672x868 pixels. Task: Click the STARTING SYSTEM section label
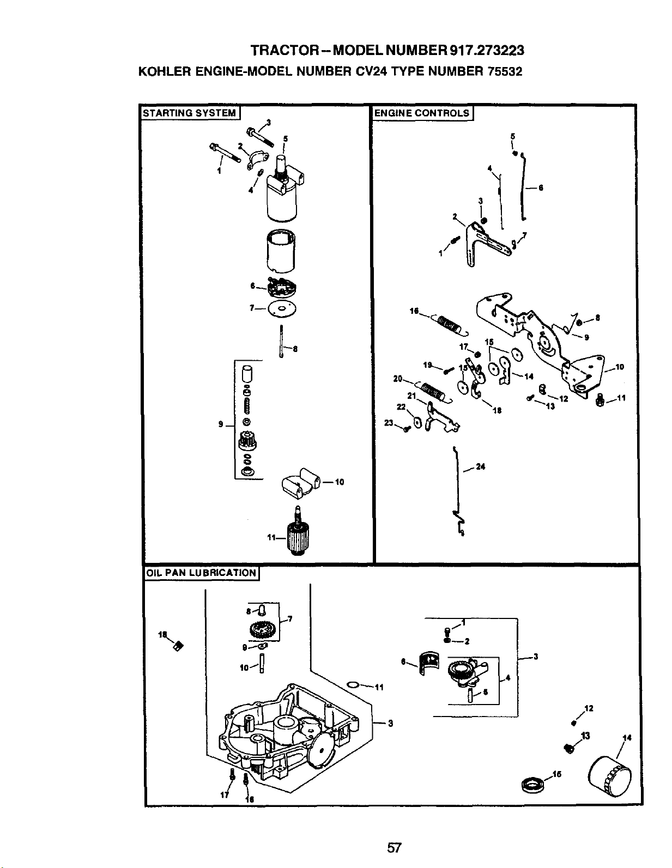(189, 113)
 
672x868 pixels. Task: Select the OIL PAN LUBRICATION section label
(201, 573)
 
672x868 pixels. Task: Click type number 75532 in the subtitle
(504, 71)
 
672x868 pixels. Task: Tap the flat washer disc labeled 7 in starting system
(282, 309)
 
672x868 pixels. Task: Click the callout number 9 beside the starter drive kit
(221, 424)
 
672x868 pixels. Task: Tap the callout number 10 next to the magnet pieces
(339, 482)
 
